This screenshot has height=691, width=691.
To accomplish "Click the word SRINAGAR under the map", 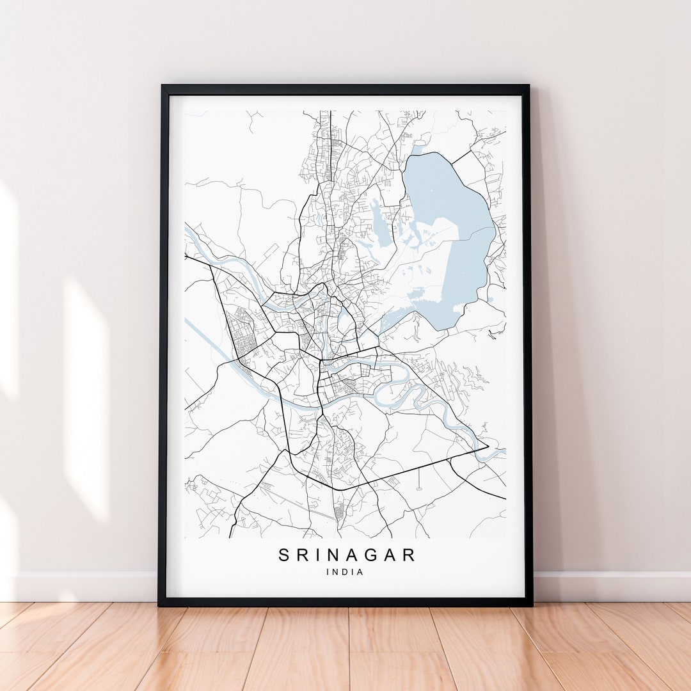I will point(347,555).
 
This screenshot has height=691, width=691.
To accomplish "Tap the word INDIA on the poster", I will point(345,572).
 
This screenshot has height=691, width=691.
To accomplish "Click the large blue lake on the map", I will point(448,243).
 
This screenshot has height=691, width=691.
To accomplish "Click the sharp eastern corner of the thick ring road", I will point(488,446).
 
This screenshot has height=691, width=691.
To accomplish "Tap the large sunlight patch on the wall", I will point(86,397).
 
